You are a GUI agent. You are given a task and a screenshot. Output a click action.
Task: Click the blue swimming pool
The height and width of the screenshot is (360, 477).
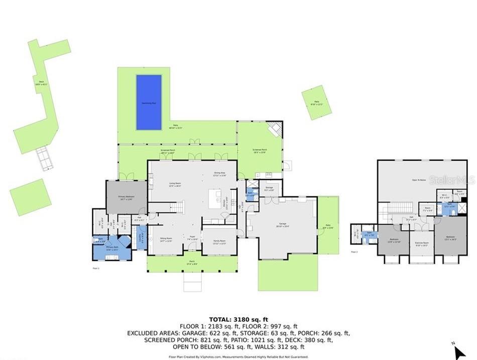(149, 102)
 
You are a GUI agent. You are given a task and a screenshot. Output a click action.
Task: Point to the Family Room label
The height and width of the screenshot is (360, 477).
(219, 241)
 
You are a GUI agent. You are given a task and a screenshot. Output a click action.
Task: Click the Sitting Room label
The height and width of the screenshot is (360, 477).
(166, 240)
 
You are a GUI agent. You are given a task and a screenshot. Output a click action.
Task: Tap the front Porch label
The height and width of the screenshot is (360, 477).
(192, 263)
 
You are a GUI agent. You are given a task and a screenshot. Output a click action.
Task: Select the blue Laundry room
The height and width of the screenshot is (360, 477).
(141, 238)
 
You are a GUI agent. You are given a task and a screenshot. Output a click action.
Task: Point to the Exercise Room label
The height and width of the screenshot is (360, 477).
(421, 245)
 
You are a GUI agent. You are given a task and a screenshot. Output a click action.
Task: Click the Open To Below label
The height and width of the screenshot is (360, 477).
(419, 179)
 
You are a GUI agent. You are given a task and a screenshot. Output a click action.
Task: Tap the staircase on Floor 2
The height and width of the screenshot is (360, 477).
(398, 208)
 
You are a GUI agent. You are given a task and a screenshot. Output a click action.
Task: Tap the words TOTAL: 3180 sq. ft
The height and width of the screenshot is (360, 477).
(239, 319)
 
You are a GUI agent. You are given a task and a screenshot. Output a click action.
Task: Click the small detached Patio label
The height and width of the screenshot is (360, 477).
(317, 103)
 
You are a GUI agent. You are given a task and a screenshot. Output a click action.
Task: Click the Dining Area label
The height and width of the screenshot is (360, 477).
(219, 175)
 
